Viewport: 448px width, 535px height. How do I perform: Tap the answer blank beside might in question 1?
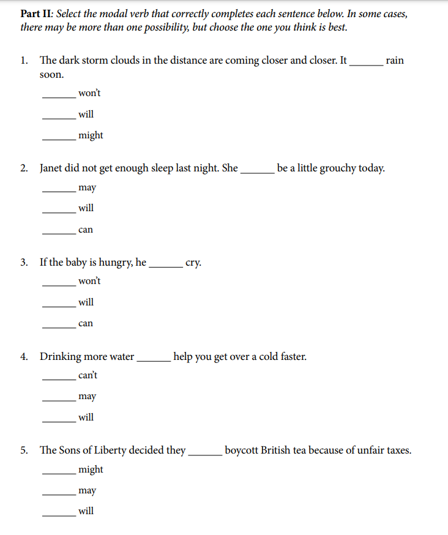(x=59, y=140)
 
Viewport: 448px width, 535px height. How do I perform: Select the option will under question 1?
(x=86, y=114)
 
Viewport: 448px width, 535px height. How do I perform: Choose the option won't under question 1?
(x=89, y=93)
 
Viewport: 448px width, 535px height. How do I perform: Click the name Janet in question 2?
(x=54, y=168)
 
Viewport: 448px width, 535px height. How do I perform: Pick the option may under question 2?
(x=88, y=188)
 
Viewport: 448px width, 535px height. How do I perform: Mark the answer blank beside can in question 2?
(x=59, y=234)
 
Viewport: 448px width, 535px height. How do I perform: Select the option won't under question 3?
(x=89, y=282)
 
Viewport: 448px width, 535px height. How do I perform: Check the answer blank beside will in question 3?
(x=59, y=307)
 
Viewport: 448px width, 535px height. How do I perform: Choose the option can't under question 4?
(x=88, y=375)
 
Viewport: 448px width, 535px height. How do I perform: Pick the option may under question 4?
(x=88, y=397)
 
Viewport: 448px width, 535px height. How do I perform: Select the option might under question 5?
(x=91, y=470)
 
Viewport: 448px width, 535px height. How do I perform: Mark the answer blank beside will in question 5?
(x=59, y=515)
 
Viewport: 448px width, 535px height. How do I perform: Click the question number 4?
(x=23, y=356)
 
